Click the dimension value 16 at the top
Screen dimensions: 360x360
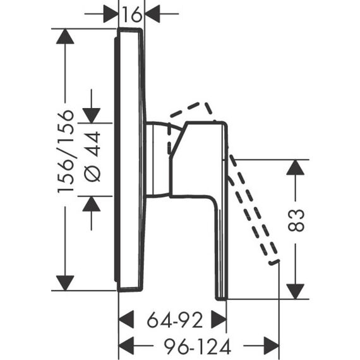click(131, 15)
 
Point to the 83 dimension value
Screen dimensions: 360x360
click(296, 220)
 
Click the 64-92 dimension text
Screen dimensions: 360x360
click(175, 320)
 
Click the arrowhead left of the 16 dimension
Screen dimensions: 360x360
click(111, 14)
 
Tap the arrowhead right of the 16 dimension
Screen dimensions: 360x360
click(153, 14)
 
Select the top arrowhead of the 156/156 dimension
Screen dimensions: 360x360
click(65, 36)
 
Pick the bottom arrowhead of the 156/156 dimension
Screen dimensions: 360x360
click(65, 283)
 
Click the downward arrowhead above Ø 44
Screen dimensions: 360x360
click(92, 116)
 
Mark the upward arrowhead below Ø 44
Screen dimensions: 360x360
click(92, 204)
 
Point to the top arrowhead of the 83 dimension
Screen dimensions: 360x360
click(296, 167)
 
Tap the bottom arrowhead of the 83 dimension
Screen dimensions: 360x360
click(296, 292)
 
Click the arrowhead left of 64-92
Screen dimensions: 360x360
click(126, 320)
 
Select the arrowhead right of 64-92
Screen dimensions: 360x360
click(219, 320)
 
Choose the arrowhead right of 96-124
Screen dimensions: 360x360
click(272, 345)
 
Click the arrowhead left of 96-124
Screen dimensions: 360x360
click(126, 345)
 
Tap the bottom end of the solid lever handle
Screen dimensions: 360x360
click(221, 298)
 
